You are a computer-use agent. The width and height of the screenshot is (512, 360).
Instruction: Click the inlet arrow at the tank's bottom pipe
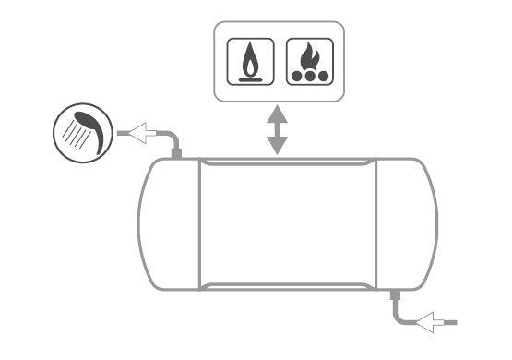pos(432,321)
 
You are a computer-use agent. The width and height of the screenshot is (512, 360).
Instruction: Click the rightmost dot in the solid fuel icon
pos(325,77)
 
